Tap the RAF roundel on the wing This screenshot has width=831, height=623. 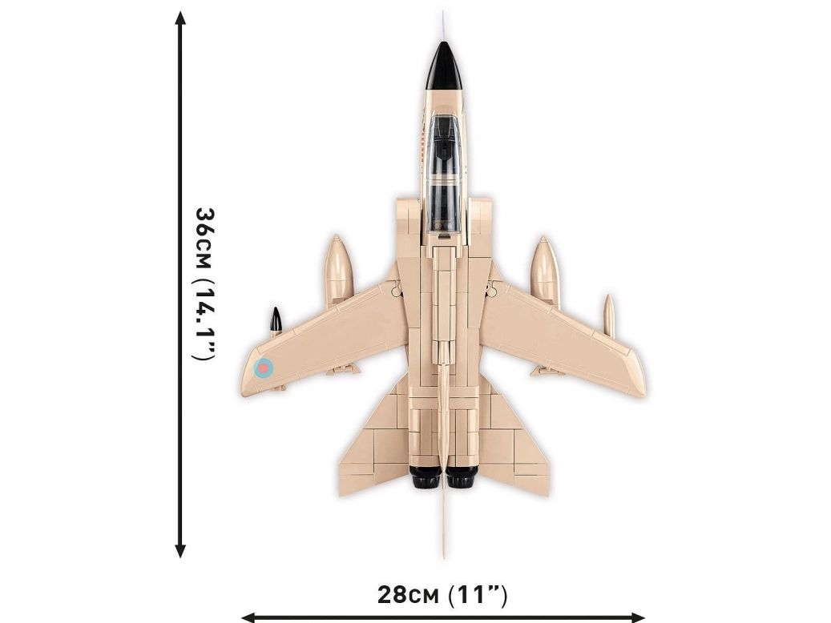tap(264, 368)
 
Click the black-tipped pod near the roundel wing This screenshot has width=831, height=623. tap(276, 322)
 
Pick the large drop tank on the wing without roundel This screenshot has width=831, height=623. tap(544, 271)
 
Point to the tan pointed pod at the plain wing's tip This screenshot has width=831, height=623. tap(610, 316)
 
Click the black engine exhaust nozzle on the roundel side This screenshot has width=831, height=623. tap(426, 477)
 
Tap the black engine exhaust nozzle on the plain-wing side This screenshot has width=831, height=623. tap(462, 477)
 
